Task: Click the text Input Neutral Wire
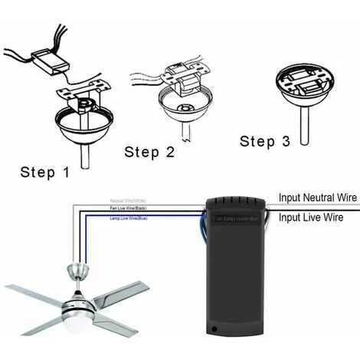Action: pos(316,198)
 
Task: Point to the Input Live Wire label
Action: pos(309,218)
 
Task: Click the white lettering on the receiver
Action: pos(237,220)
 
